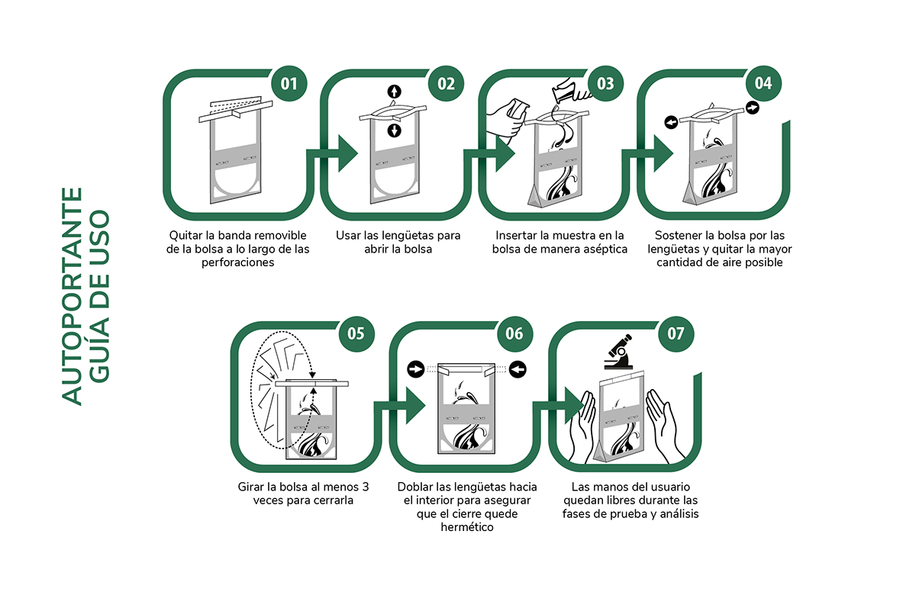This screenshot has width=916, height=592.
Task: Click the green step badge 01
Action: coord(289,83)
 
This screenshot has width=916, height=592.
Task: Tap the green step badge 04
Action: coord(763,83)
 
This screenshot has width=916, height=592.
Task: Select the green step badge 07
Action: coord(676,334)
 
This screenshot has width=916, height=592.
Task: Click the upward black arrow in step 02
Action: coord(394,92)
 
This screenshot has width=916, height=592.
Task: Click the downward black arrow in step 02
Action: coord(394,130)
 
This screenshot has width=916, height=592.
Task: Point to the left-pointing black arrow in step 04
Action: coord(671,122)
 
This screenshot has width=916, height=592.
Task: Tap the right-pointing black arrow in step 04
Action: coord(753,108)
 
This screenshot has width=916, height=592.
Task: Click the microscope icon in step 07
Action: coord(619,352)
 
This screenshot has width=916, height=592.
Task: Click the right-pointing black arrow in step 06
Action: coord(416,369)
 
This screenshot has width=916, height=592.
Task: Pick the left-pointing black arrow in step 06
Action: coord(518,369)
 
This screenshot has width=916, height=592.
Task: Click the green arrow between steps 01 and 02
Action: coord(332,153)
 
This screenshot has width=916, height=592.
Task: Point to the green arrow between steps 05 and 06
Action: coord(400,406)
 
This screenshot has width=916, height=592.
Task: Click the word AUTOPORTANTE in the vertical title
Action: coord(72,296)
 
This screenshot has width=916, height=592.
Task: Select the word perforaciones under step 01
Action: coord(238,262)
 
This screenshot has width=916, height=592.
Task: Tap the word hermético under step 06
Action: coord(467,527)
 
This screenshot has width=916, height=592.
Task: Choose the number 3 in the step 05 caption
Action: coord(365,487)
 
